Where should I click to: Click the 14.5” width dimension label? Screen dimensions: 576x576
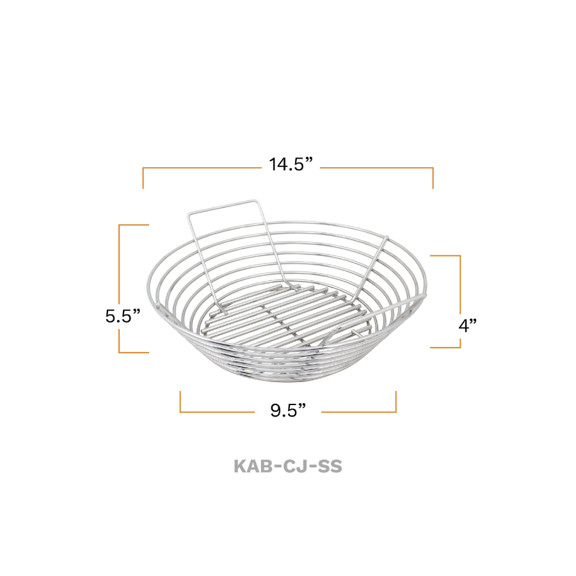tap(291, 164)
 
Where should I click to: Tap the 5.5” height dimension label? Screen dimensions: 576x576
tap(123, 316)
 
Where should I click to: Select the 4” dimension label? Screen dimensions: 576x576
tap(468, 325)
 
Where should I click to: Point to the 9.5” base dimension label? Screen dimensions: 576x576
tap(288, 410)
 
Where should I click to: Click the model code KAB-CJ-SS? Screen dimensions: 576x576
tap(288, 466)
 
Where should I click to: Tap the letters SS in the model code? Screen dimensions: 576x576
tap(330, 466)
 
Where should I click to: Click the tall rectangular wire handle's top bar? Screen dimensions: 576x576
tap(222, 207)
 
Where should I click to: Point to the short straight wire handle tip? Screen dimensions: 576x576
tap(386, 238)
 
